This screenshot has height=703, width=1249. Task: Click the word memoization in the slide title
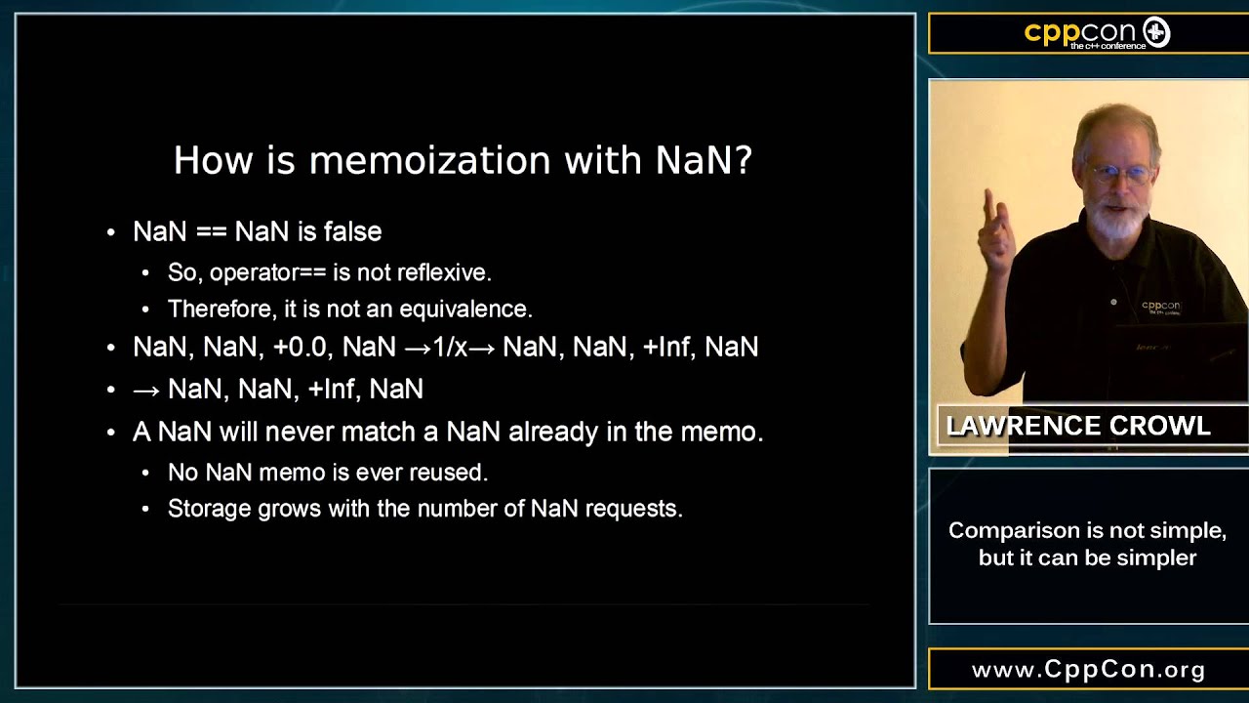tap(430, 161)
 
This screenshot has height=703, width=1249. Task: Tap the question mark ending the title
tap(745, 160)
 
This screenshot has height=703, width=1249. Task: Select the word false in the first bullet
tap(353, 231)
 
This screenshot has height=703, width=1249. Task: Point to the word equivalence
tap(466, 310)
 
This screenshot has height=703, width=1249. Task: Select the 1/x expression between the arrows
tap(450, 347)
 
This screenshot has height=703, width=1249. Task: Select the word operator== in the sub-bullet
tap(267, 272)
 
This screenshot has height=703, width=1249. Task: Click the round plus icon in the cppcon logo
tap(1156, 32)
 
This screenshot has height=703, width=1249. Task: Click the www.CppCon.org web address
tap(1088, 670)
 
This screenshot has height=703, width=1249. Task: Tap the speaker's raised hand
tap(994, 233)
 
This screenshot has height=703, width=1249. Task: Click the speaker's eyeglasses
tap(1121, 174)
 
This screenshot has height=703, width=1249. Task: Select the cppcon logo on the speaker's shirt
tap(1161, 307)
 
